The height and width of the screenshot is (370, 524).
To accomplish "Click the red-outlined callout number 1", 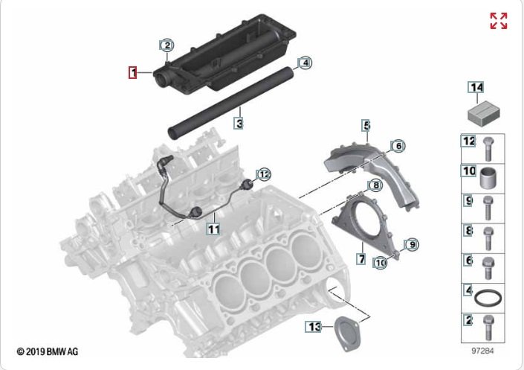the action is click(133, 72).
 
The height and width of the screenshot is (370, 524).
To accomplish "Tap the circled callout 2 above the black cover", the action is click(167, 45).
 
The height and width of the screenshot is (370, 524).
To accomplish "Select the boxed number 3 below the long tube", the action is click(239, 124).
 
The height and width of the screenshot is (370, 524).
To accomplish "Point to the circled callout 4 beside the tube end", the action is click(305, 63).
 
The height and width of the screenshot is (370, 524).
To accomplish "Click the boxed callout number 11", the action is click(213, 229).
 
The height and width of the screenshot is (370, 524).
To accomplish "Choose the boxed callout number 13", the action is click(314, 327).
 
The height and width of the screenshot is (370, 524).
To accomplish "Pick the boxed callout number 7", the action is click(361, 258).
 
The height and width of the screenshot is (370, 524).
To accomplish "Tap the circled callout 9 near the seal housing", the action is click(412, 245).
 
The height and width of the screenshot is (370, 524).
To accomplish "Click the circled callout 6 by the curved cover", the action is click(398, 146).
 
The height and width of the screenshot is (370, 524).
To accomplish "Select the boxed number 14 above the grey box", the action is click(476, 87).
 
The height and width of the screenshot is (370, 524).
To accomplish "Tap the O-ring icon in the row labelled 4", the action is click(488, 299).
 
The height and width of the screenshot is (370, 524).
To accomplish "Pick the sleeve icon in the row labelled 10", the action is click(488, 178).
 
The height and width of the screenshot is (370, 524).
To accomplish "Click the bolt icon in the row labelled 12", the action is click(488, 148).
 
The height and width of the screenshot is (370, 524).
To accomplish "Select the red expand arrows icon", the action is click(499, 21).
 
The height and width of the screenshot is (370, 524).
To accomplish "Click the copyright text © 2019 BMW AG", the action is click(47, 352).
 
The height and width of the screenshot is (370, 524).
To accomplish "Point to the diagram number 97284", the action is click(482, 351).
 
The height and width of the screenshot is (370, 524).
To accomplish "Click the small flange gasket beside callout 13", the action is click(348, 334).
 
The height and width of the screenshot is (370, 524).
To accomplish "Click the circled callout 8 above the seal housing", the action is click(375, 185).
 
